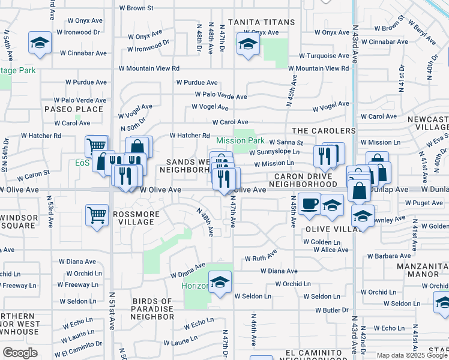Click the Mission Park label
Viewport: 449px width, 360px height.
tap(240, 141)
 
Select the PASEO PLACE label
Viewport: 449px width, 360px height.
tap(74, 109)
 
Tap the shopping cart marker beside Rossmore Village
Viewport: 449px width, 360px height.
tap(97, 215)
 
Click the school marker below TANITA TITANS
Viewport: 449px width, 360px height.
tap(247, 44)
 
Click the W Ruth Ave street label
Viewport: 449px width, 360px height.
tap(260, 259)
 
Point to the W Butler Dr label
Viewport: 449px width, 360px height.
tap(331, 310)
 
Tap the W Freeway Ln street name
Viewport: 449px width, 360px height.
tap(19, 285)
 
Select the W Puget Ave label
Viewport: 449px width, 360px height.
tap(424, 203)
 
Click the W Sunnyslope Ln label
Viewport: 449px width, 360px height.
tap(274, 152)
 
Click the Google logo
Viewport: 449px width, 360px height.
tap(20, 353)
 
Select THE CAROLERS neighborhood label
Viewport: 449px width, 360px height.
tap(324, 131)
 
